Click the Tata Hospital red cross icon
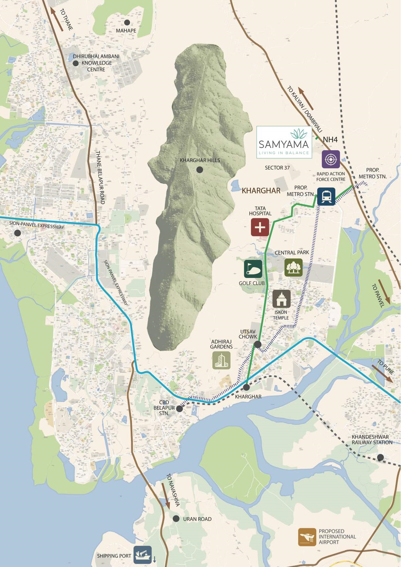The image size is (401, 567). [x=260, y=227]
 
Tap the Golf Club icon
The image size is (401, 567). [x=253, y=269]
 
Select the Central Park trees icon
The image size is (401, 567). [x=293, y=267]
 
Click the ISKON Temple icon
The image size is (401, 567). [x=281, y=299]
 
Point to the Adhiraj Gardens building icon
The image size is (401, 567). [x=221, y=360]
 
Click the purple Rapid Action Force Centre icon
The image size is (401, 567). [x=331, y=159]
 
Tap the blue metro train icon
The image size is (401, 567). [x=326, y=196]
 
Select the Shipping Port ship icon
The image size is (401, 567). [x=142, y=554]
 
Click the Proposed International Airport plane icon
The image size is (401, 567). [x=307, y=537]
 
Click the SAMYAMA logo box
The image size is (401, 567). [x=284, y=142]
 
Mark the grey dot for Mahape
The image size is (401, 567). [x=127, y=22]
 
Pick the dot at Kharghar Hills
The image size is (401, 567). [x=200, y=170]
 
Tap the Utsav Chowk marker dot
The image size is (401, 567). [x=258, y=344]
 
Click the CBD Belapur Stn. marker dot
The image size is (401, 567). [x=180, y=409]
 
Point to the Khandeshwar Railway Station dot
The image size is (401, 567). [x=380, y=457]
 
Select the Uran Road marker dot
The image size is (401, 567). [x=176, y=519]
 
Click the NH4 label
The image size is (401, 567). [x=330, y=139]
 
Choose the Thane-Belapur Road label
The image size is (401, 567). [x=100, y=177]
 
